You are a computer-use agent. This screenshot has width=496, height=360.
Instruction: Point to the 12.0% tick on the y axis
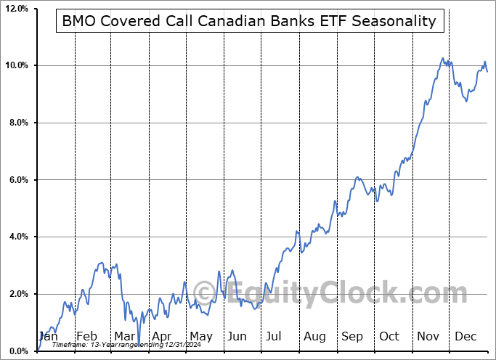click(16, 9)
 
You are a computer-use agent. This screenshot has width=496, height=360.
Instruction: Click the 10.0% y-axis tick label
click(16, 66)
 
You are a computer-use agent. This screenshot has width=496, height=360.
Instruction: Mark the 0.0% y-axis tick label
click(17, 351)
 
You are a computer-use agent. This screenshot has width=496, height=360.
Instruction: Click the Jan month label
click(48, 336)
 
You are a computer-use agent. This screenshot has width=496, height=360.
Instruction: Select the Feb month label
click(87, 336)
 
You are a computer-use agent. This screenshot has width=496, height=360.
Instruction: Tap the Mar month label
click(124, 336)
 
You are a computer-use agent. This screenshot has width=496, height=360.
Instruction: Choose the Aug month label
click(315, 336)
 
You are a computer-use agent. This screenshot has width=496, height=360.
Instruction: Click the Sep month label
click(352, 336)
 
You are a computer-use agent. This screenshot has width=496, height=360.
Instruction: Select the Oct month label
click(390, 336)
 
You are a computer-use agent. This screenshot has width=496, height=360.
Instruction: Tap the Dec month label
click(465, 336)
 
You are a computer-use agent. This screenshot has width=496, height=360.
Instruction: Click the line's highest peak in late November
click(442, 58)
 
